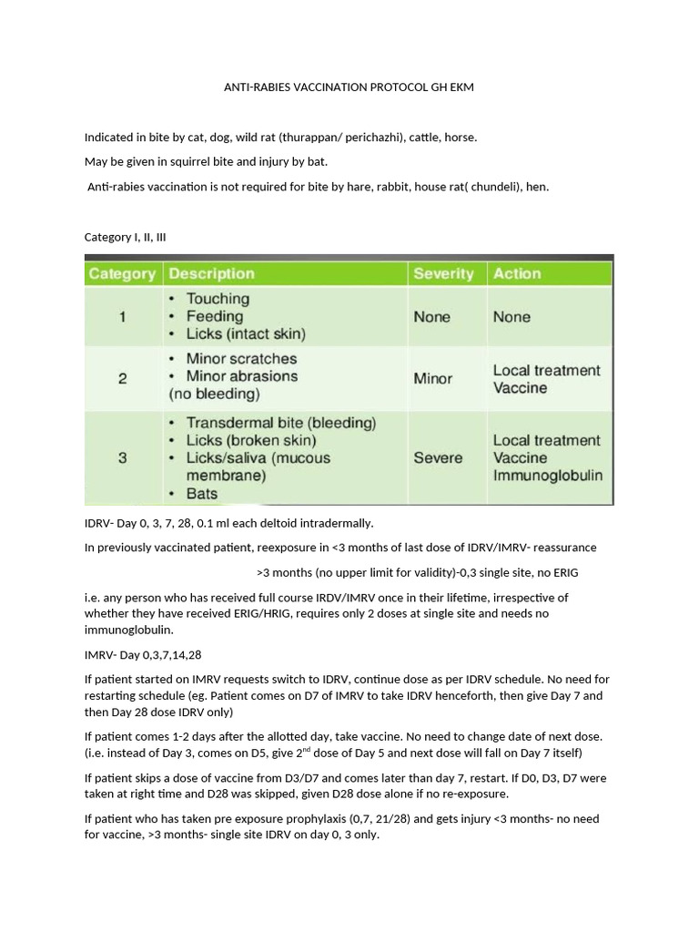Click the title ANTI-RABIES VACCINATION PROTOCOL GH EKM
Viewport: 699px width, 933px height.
[x=349, y=87]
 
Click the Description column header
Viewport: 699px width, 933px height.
[x=212, y=273]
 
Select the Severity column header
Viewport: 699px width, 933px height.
[x=443, y=273]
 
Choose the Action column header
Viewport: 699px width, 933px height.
[x=517, y=273]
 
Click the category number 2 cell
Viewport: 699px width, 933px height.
[x=122, y=378]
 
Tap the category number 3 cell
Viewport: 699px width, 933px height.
[x=122, y=457]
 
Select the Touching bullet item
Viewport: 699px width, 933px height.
[x=218, y=299]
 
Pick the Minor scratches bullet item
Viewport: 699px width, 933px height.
[x=241, y=359]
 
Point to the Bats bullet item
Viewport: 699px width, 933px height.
[x=202, y=493]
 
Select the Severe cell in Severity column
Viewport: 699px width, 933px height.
[x=438, y=457]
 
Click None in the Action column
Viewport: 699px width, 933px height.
[x=512, y=317]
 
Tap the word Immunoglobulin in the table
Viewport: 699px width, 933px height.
[x=547, y=475]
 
